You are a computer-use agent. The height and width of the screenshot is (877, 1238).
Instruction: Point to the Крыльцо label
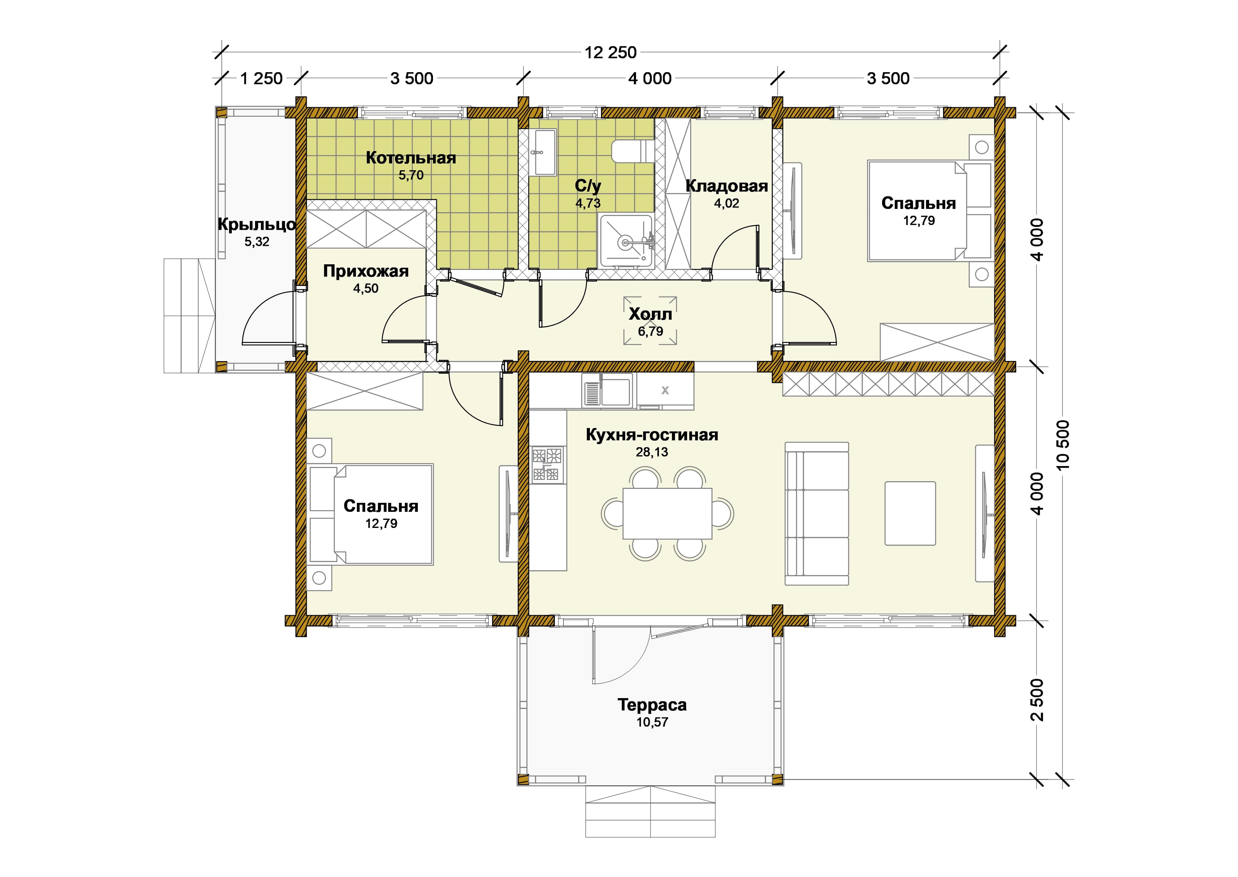(x=257, y=224)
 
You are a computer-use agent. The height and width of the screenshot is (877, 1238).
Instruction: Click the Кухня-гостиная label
(x=652, y=435)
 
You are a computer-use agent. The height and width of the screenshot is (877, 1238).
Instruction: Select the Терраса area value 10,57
(x=652, y=722)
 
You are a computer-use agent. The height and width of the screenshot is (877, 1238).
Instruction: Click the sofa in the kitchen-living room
(x=817, y=513)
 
